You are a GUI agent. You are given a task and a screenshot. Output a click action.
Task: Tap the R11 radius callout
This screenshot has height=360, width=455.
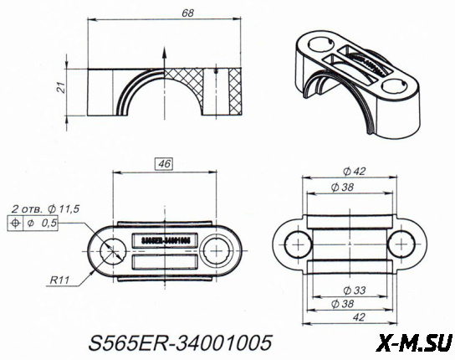click(58, 282)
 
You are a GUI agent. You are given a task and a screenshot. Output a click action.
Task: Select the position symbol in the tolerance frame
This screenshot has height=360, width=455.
click(15, 224)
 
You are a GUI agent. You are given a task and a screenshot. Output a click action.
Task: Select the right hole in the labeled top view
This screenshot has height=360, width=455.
click(219, 249)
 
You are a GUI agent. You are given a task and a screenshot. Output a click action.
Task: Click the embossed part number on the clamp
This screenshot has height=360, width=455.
click(164, 239)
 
